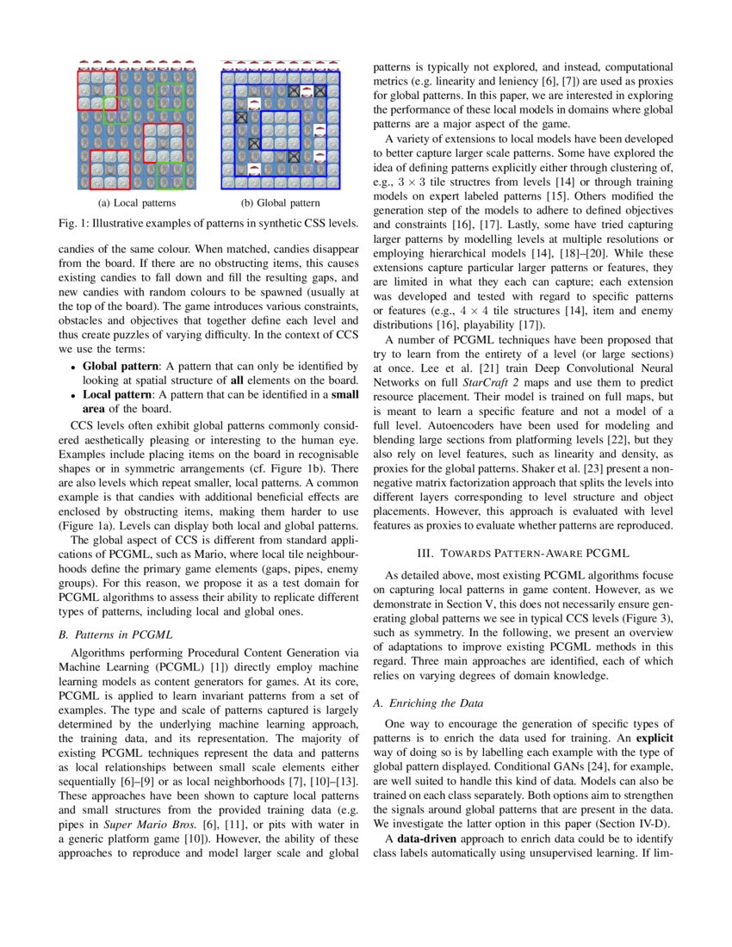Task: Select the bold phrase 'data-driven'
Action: point(431,838)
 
